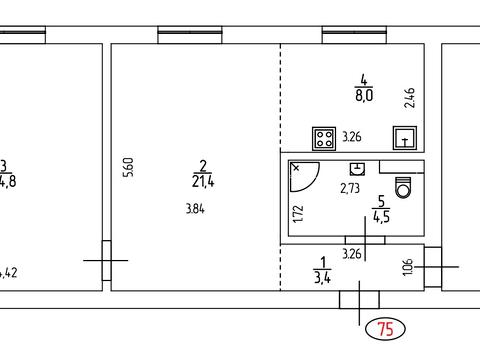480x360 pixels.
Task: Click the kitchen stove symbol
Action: click(x=324, y=137)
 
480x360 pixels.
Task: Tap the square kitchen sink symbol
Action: click(x=405, y=138)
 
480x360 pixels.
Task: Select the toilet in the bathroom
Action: click(x=404, y=186)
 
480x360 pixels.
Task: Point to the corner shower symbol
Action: click(x=303, y=177)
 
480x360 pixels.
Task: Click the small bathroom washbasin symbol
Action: click(x=357, y=169)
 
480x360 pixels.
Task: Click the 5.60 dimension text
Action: click(x=128, y=168)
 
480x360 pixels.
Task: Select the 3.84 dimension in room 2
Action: click(x=195, y=208)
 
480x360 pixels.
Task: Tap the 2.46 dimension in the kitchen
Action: click(x=408, y=97)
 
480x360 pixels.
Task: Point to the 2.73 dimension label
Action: click(x=350, y=187)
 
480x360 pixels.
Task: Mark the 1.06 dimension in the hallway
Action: click(x=406, y=268)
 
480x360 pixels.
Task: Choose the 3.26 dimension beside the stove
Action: click(x=352, y=137)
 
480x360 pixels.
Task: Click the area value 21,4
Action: click(x=203, y=181)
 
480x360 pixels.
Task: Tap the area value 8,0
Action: click(x=364, y=96)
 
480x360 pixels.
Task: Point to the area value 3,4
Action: click(x=322, y=277)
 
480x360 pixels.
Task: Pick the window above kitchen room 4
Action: click(x=353, y=37)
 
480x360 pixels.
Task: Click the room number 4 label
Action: click(x=364, y=80)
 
